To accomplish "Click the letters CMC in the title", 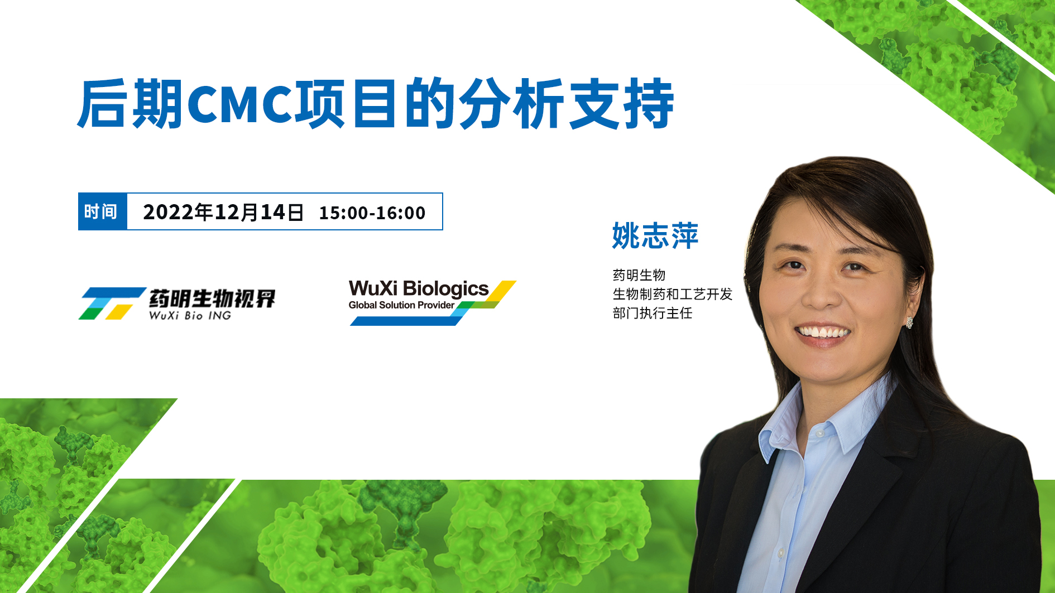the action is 241,104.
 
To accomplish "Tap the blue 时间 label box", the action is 103,211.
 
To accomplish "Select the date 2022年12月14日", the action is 223,212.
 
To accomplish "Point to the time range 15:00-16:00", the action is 372,213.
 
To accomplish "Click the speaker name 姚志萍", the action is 655,235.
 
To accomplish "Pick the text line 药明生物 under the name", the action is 639,275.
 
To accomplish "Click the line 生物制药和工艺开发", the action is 673,294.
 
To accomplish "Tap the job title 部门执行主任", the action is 653,313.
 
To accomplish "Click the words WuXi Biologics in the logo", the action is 419,289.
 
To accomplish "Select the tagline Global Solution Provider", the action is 401,305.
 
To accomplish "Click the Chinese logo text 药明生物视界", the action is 212,299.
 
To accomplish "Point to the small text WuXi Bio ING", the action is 190,316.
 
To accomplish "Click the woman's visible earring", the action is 909,322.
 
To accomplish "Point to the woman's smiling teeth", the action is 823,333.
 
